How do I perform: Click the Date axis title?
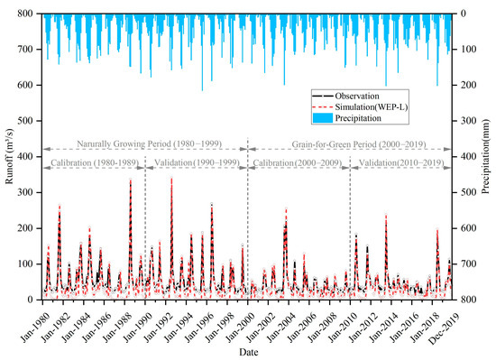coord(248,352)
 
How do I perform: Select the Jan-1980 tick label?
coord(33,320)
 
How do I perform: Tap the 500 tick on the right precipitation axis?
coord(464,192)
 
